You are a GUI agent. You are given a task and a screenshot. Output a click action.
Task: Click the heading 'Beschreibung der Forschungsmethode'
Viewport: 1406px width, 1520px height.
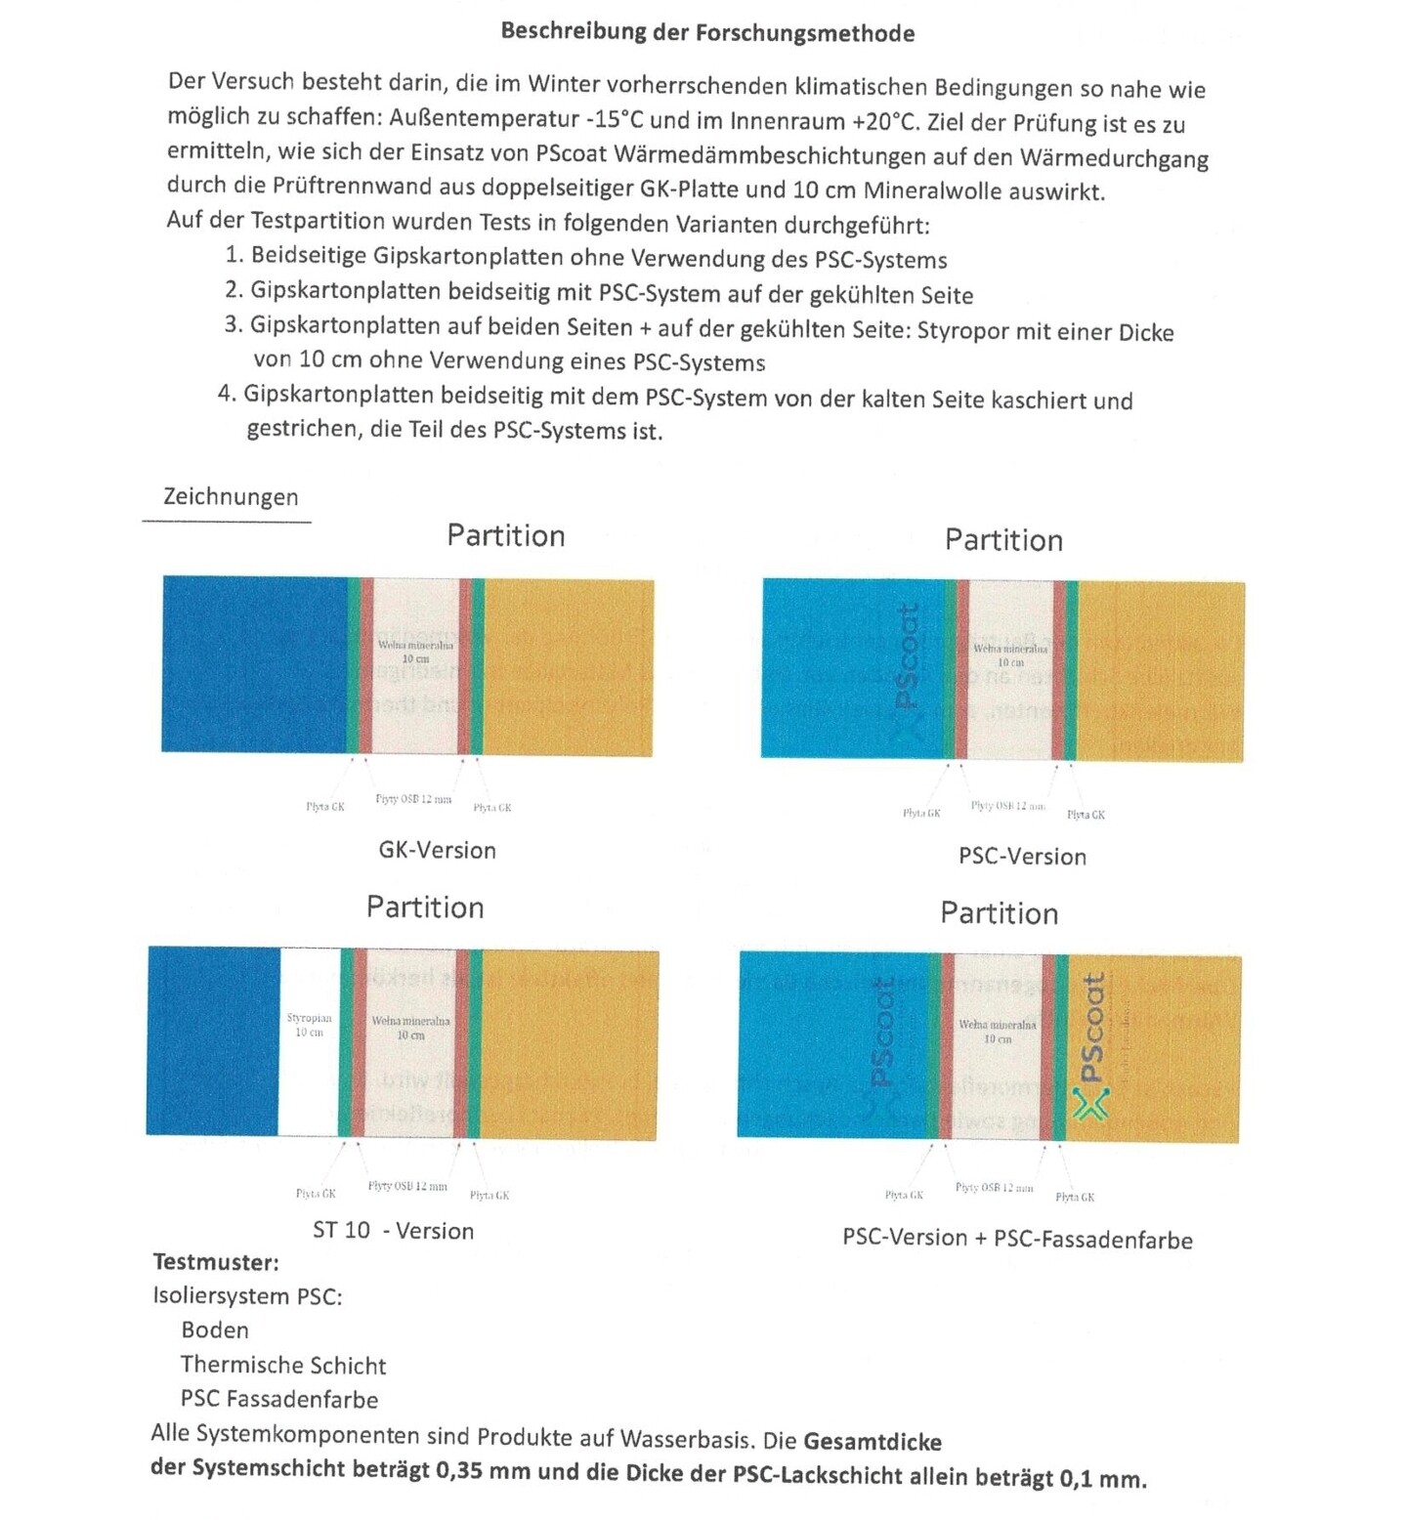707,31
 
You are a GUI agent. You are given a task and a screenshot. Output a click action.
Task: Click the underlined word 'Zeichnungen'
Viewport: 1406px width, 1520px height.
231,496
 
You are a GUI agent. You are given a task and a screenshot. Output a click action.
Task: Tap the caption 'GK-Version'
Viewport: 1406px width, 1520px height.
437,850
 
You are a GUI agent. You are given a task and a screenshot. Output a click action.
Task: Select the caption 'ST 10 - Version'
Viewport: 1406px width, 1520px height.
393,1230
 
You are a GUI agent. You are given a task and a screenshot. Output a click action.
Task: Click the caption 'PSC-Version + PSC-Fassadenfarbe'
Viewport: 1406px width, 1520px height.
1017,1239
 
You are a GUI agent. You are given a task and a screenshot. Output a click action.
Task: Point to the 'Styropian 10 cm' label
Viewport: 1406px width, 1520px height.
309,1025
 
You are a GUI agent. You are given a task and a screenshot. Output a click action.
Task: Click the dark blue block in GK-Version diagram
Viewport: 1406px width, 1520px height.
254,664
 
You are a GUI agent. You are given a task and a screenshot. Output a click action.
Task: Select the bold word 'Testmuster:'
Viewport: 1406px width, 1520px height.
216,1262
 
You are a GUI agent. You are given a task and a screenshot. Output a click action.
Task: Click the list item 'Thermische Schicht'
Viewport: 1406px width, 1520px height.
283,1365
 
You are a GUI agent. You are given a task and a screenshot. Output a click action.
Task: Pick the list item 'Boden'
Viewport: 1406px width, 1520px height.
215,1330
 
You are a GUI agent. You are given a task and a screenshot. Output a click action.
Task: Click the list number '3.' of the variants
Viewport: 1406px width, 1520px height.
234,324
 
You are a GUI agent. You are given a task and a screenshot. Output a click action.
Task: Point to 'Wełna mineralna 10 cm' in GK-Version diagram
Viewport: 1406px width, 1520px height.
415,652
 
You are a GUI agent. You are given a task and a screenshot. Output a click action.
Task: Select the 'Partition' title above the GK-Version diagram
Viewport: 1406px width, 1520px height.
505,535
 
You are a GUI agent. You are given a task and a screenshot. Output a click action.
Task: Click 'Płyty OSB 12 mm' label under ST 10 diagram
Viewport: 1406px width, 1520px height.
407,1186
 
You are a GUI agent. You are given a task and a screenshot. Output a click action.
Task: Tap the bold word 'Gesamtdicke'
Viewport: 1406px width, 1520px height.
873,1442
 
